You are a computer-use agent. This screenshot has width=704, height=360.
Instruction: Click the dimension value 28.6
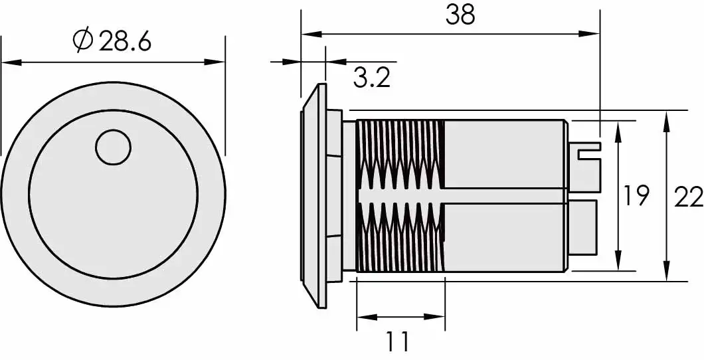pyautogui.click(x=126, y=41)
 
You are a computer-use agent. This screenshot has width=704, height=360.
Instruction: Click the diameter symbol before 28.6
pyautogui.click(x=83, y=41)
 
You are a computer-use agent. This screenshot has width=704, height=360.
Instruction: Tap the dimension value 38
pyautogui.click(x=460, y=15)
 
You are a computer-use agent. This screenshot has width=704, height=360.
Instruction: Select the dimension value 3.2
pyautogui.click(x=371, y=78)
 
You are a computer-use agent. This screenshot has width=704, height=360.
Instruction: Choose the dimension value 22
pyautogui.click(x=688, y=197)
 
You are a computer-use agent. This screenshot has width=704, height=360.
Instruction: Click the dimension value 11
pyautogui.click(x=398, y=342)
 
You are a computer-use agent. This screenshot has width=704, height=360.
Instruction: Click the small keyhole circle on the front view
pyautogui.click(x=113, y=147)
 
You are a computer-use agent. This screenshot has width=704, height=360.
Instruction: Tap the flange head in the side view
pyautogui.click(x=317, y=196)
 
